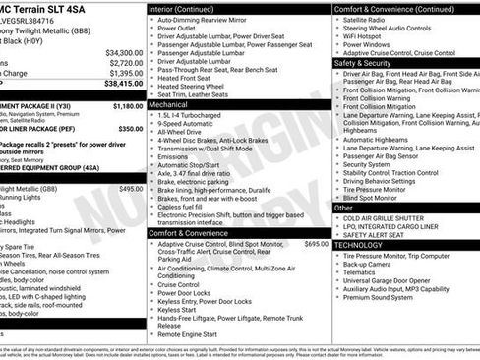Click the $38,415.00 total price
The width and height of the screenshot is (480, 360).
[x=123, y=85]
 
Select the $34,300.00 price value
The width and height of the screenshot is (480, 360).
[x=124, y=53]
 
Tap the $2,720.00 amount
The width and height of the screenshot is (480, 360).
[x=126, y=63]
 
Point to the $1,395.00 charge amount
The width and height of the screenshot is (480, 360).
[x=126, y=73]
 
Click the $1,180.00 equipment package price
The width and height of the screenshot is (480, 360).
[x=127, y=105]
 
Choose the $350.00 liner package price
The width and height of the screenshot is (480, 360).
[x=130, y=129]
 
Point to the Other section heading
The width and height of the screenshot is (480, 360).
[x=343, y=208]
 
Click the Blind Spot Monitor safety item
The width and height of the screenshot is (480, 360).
[x=377, y=197]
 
